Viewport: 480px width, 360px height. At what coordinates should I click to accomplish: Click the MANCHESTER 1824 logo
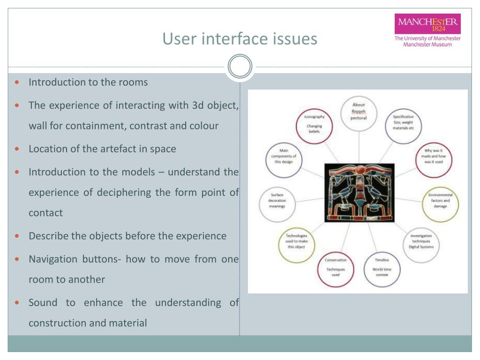tap(427, 23)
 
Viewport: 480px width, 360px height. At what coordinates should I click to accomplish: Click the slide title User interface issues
tap(240, 38)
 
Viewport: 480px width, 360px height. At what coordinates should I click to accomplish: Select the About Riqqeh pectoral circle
tap(359, 112)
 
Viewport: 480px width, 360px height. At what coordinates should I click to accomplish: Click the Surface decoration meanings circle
tap(277, 201)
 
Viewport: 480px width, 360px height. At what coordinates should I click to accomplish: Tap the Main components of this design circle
tap(284, 156)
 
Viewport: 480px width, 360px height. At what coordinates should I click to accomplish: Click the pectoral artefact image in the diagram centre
tap(360, 193)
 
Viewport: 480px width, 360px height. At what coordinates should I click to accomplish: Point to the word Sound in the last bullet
tap(43, 302)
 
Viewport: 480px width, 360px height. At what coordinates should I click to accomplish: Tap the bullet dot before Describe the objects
tap(17, 236)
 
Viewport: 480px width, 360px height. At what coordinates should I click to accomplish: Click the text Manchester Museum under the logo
tap(427, 45)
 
